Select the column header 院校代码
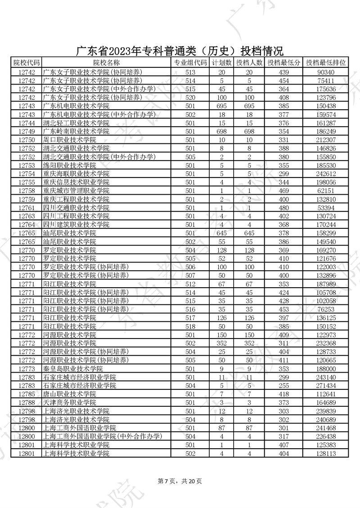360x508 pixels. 26,63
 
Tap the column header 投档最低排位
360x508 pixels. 326,63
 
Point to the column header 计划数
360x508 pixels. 222,63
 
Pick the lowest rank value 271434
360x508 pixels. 326,386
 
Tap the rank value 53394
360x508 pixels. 326,208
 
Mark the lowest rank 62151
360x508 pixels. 326,191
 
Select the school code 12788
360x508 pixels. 26,403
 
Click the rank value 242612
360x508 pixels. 326,174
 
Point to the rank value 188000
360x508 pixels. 326,369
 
